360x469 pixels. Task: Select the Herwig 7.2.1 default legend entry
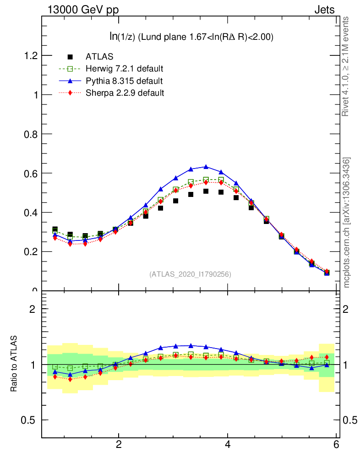[124, 69]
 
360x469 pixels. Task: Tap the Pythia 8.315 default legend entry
[124, 81]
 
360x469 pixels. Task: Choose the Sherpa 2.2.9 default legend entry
[125, 93]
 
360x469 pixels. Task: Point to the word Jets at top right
[324, 10]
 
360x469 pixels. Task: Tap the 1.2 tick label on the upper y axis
[31, 55]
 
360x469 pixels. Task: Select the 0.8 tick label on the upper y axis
[31, 134]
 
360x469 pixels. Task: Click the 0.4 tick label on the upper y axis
[31, 213]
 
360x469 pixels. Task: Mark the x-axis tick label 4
[228, 444]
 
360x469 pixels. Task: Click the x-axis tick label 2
[119, 444]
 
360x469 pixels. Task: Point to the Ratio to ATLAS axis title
[14, 364]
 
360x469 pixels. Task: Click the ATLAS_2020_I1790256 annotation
[190, 274]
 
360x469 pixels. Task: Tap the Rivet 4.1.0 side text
[346, 66]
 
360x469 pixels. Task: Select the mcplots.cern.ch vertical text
[347, 223]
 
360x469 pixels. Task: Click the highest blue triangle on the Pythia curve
[206, 167]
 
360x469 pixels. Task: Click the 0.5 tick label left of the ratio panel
[31, 420]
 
